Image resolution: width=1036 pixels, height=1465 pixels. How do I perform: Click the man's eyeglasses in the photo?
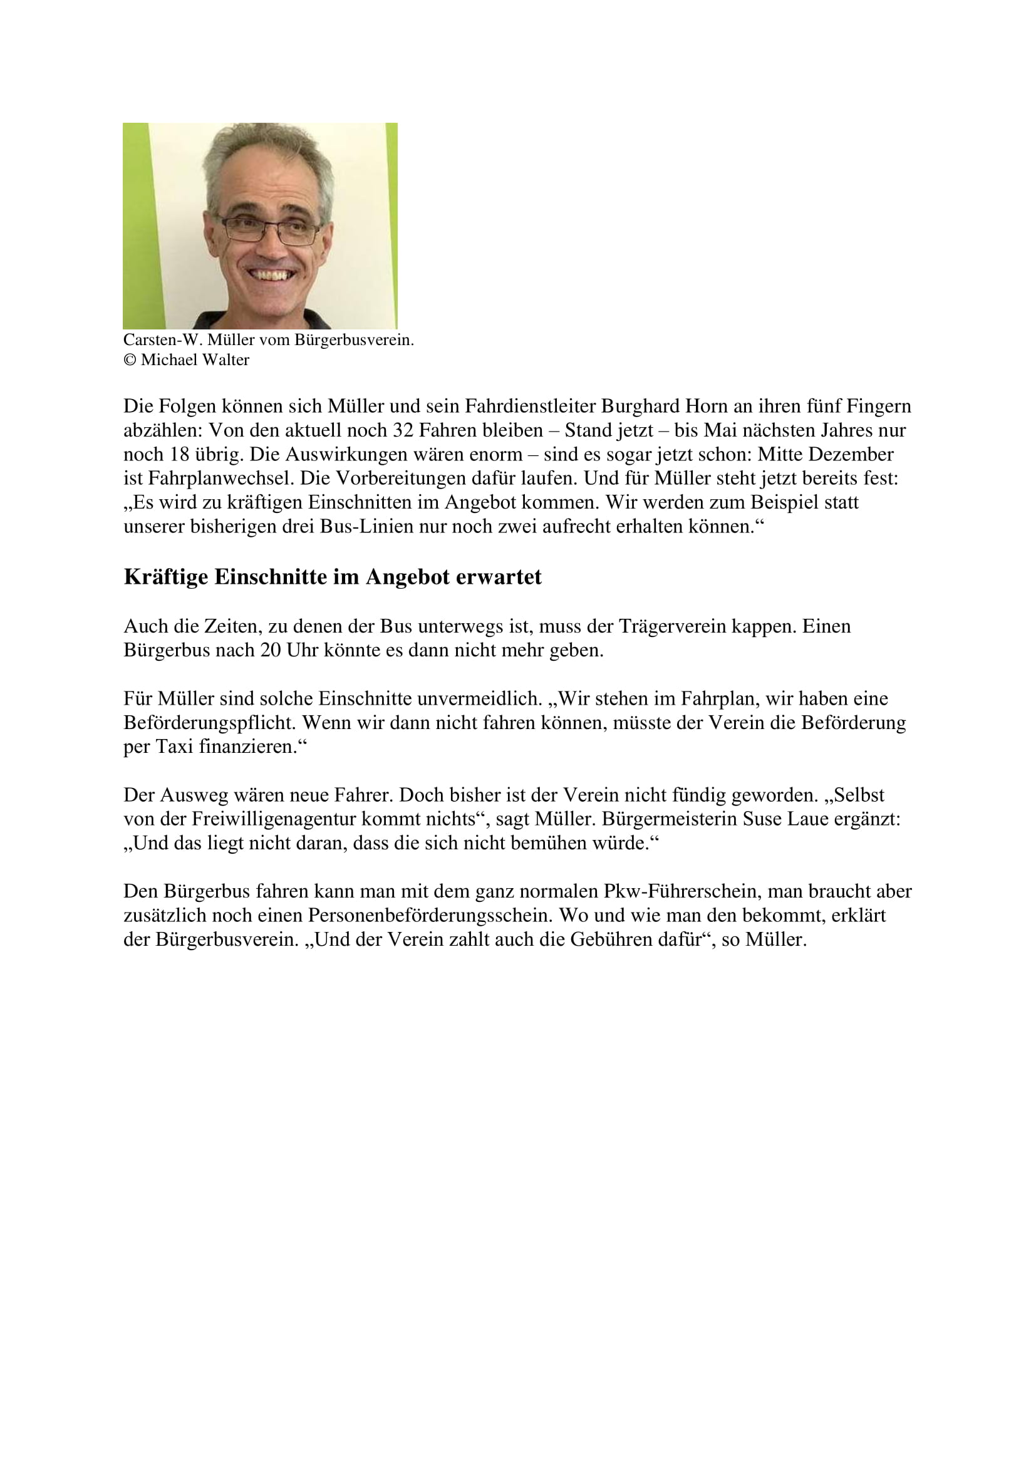pos(269,229)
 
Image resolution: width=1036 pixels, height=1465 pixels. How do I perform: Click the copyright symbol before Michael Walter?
pos(130,361)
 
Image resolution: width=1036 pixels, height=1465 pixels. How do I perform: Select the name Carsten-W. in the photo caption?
pos(163,340)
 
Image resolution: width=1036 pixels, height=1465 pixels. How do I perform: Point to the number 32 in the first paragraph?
pos(403,431)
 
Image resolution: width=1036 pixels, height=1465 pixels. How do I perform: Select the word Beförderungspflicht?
pos(210,723)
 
